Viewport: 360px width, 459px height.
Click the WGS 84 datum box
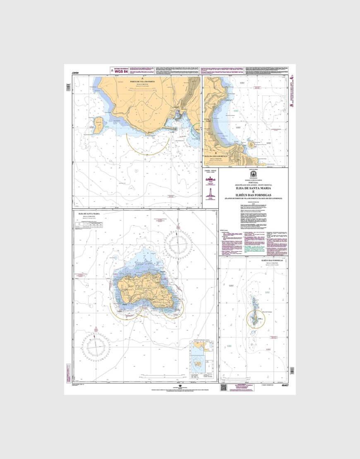point(120,71)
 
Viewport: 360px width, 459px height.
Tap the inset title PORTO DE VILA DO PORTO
point(142,81)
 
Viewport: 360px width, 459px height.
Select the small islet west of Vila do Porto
point(98,124)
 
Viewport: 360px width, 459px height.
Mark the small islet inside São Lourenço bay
point(251,145)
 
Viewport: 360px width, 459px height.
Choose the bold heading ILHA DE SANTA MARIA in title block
point(252,189)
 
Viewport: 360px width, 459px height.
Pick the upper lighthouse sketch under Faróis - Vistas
point(211,179)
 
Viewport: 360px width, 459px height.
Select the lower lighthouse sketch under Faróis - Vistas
point(211,192)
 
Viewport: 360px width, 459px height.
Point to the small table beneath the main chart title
point(106,225)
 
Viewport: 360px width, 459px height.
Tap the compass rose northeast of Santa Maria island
point(178,244)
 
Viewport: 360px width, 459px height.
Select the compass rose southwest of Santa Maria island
point(96,345)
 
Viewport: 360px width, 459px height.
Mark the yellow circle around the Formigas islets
point(256,319)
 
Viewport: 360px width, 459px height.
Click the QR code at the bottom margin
point(224,387)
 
